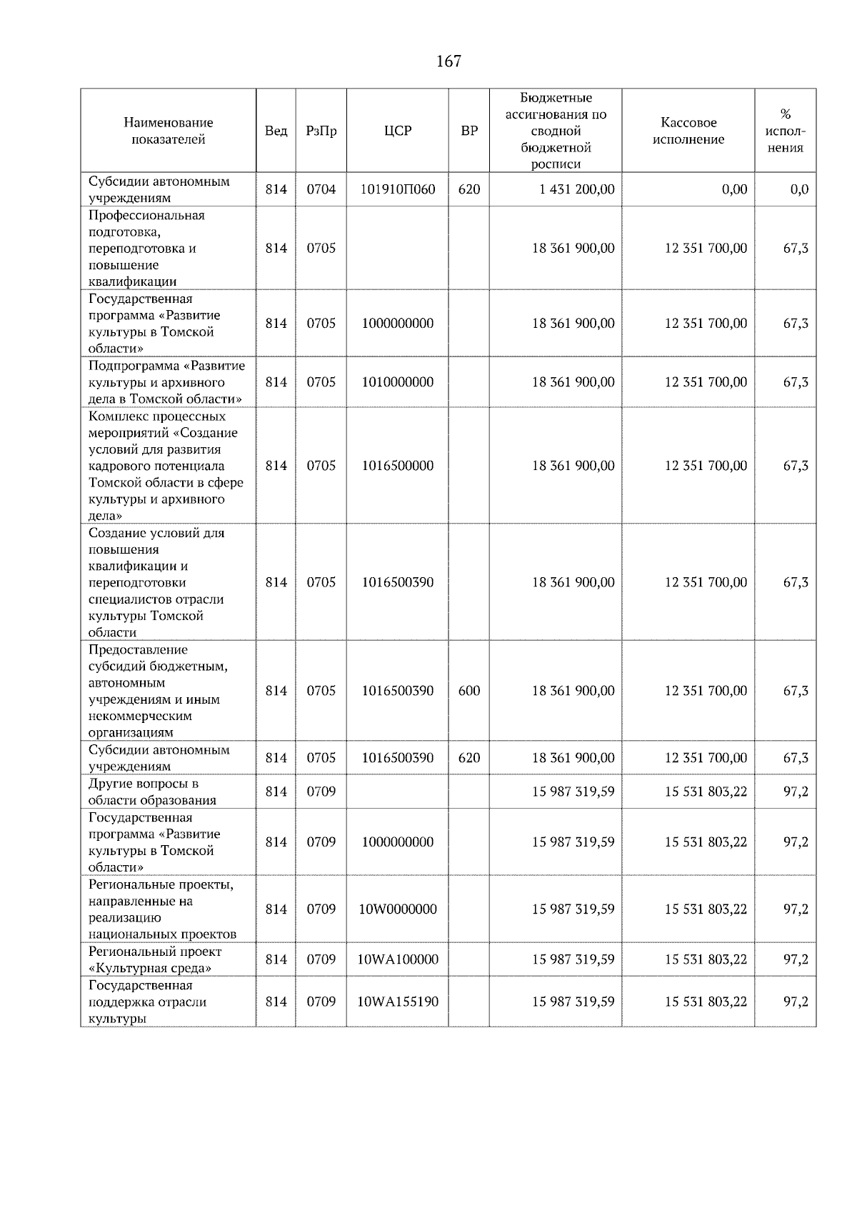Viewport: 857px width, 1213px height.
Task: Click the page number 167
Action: point(448,61)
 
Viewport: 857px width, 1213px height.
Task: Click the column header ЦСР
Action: point(397,131)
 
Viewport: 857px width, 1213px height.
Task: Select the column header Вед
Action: point(276,131)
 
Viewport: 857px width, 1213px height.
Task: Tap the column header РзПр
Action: point(321,131)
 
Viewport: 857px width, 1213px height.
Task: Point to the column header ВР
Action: point(468,131)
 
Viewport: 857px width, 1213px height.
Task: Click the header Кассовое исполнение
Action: point(688,131)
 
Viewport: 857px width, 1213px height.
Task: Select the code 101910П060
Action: point(397,189)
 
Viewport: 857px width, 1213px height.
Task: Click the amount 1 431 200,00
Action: point(573,189)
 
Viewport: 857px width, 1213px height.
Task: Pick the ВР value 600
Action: point(468,691)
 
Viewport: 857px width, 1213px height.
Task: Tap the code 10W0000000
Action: point(397,909)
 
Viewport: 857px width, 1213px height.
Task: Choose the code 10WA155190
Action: point(397,1002)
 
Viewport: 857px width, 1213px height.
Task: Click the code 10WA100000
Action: point(397,959)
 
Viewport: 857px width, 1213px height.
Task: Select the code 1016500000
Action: point(397,466)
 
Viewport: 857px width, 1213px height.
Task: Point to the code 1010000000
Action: point(397,382)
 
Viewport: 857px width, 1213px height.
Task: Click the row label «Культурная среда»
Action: point(150,968)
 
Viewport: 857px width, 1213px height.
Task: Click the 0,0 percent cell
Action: point(799,189)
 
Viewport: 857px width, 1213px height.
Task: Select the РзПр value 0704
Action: point(321,189)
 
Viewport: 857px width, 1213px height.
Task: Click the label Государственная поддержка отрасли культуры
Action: point(147,1002)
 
